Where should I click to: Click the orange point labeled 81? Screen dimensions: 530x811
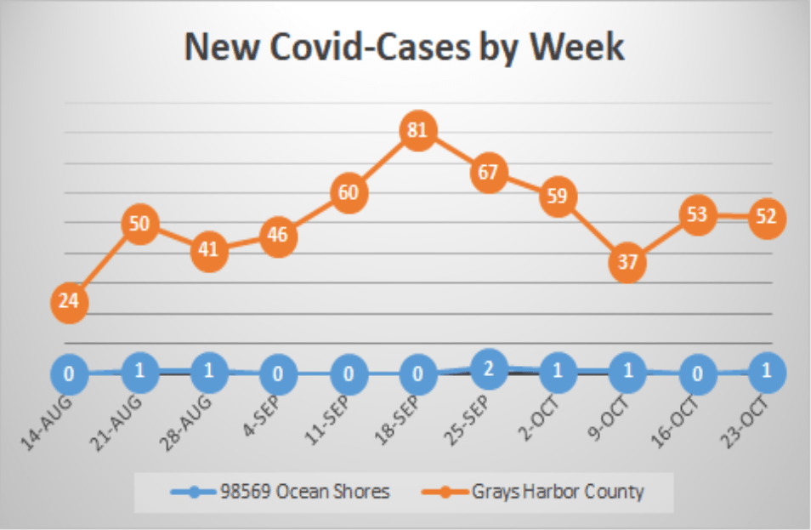[418, 131]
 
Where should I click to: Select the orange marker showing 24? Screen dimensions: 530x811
[70, 302]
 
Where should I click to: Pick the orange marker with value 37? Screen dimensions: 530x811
[627, 262]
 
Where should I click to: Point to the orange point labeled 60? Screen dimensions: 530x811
[349, 192]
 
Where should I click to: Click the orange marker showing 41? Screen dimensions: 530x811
[209, 251]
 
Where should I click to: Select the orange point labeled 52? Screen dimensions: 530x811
[766, 217]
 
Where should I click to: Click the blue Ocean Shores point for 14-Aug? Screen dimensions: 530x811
[70, 373]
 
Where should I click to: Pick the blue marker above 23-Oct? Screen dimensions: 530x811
[766, 372]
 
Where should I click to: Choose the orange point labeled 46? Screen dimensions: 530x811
[279, 236]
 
